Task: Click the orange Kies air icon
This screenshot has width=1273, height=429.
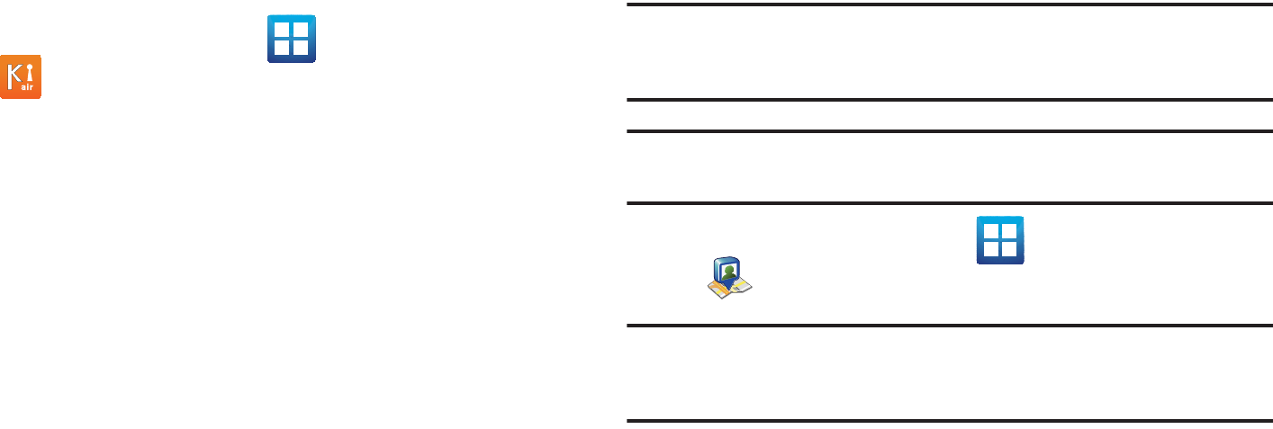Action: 21,76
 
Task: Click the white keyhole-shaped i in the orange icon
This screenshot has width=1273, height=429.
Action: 29,71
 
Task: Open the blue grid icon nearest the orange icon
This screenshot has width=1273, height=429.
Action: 291,39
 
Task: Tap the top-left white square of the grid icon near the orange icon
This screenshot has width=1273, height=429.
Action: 281,29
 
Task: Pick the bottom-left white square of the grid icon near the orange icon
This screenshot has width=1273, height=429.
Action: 281,49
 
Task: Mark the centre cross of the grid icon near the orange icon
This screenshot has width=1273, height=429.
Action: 291,39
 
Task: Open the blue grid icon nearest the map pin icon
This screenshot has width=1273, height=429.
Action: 1000,240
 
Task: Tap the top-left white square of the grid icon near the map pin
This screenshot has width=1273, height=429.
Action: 990,230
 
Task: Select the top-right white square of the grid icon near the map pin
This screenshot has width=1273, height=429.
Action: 1010,230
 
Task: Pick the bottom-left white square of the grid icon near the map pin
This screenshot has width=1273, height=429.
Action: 990,250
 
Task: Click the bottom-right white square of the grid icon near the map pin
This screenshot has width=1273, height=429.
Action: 1010,250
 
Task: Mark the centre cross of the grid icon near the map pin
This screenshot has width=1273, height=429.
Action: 1000,240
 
